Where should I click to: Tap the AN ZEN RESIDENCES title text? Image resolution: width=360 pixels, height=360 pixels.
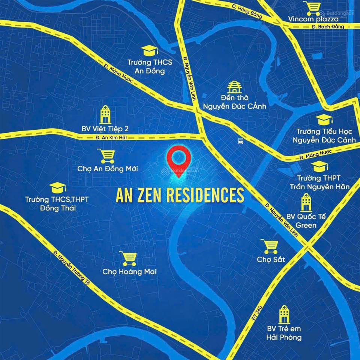tap(180, 195)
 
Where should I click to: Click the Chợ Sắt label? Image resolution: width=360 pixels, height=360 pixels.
tap(271, 259)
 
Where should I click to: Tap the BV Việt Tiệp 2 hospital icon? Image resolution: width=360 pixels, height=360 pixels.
tap(105, 114)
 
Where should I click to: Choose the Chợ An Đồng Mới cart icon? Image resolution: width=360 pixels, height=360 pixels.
tap(107, 156)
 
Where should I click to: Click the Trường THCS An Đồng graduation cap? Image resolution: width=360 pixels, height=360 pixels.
tap(150, 50)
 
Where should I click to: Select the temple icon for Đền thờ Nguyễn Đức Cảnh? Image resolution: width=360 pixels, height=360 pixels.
tap(234, 87)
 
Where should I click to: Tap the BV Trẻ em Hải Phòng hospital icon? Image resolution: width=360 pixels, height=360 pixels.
tap(284, 314)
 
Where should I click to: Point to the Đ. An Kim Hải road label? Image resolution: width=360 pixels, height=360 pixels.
tap(111, 138)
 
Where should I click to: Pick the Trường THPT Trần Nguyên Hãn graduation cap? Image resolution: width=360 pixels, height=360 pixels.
tap(319, 166)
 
